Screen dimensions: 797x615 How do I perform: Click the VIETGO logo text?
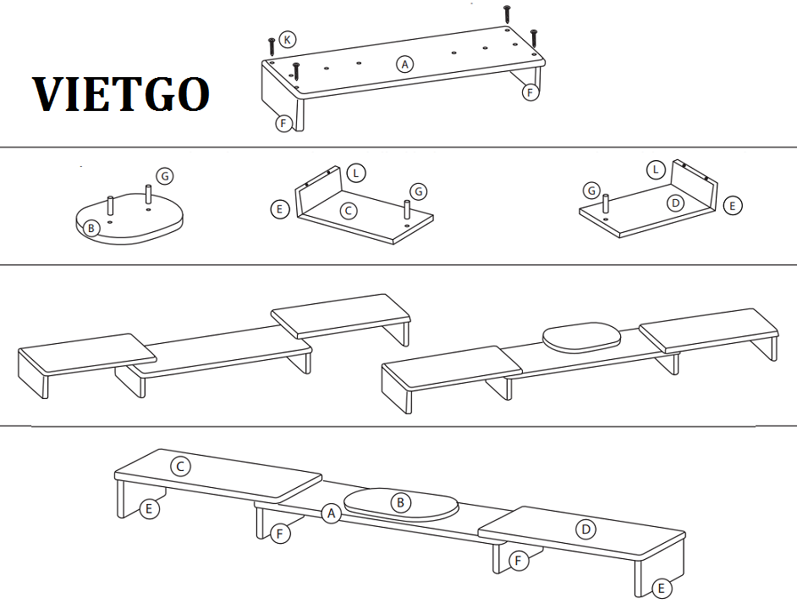point(121,95)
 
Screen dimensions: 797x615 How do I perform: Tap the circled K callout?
point(288,40)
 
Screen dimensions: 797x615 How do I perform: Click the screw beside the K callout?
point(272,46)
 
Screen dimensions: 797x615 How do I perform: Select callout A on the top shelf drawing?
point(404,64)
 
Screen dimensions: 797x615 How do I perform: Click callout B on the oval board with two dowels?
point(91,228)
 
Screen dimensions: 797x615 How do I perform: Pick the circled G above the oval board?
point(165,176)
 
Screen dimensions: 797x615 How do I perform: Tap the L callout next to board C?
point(356,173)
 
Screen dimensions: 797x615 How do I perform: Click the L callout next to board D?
point(656,169)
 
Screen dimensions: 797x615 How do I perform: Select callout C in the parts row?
point(349,210)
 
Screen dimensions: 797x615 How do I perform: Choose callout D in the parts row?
point(675,203)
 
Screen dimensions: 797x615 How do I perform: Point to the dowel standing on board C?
point(407,210)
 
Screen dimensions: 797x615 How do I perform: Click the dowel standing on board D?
point(606,203)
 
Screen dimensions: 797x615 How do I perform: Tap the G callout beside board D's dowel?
point(591,191)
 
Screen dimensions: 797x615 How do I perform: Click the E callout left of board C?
point(279,208)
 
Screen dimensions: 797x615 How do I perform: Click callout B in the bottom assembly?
point(400,503)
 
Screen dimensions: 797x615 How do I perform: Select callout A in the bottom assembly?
point(332,513)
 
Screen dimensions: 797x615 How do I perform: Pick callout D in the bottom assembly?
point(585,529)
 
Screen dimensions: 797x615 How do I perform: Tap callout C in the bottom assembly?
point(180,467)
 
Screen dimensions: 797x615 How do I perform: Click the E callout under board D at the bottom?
point(662,589)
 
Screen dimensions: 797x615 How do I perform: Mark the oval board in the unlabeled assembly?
point(582,336)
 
